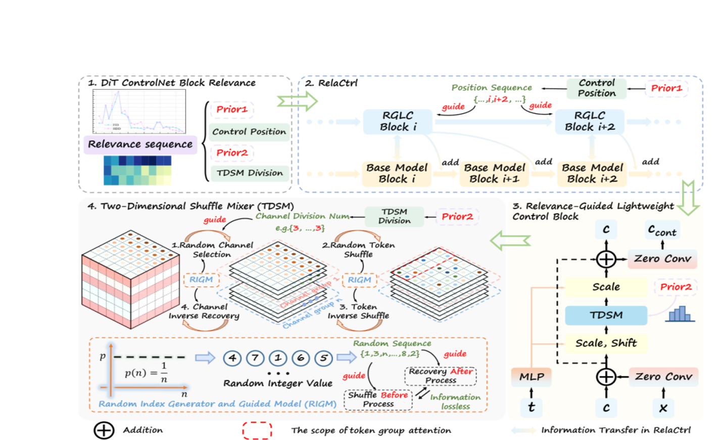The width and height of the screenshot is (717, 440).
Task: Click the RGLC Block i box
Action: (398, 122)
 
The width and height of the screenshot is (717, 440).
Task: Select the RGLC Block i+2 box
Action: (590, 122)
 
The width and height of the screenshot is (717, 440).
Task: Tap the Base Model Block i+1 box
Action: (494, 173)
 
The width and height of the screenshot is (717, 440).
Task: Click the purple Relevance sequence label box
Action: (140, 144)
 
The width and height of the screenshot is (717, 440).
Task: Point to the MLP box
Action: (532, 377)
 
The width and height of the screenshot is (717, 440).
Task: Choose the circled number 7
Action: (255, 358)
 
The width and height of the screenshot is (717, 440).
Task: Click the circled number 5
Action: (323, 358)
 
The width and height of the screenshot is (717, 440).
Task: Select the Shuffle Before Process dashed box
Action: (378, 399)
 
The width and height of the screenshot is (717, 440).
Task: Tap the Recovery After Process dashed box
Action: (441, 375)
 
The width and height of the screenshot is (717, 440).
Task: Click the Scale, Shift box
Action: (606, 344)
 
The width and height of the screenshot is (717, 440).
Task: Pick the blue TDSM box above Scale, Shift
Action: (606, 315)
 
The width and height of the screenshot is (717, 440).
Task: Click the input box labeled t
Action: (532, 407)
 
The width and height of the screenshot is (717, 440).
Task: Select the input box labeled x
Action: (663, 407)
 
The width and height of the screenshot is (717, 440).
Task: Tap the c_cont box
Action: (662, 230)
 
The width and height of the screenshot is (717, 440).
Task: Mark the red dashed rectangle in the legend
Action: (257, 430)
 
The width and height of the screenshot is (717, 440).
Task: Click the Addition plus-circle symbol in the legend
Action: (104, 430)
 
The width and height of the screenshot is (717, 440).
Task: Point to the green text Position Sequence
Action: (491, 88)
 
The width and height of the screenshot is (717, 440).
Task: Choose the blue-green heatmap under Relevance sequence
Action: (137, 170)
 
